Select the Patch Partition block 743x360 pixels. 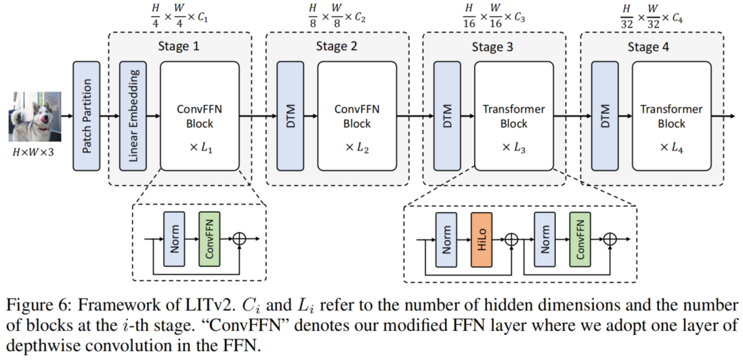pos(87,116)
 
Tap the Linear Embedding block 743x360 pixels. pos(133,116)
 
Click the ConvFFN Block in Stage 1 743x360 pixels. pos(200,116)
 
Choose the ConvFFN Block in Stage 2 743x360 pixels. pos(356,116)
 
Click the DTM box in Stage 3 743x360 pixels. pos(448,116)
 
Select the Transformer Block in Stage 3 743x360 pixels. pos(514,116)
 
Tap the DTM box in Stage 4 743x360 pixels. pos(605,116)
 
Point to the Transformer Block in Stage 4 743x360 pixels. pos(671,116)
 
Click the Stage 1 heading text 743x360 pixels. pos(180,47)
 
